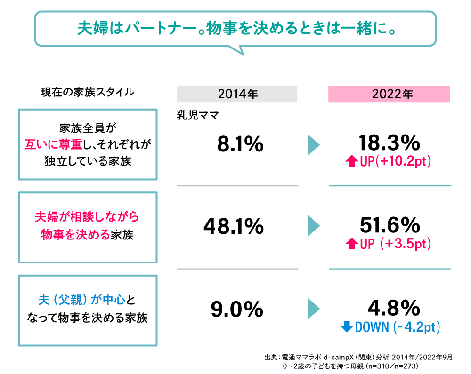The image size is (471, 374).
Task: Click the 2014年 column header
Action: (237, 94)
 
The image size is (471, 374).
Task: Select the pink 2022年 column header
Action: (389, 94)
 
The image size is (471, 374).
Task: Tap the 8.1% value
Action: (240, 144)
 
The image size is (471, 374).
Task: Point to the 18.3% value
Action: (389, 142)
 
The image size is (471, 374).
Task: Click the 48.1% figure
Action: (234, 227)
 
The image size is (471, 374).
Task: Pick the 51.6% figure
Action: (389, 225)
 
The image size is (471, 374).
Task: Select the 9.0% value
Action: (237, 309)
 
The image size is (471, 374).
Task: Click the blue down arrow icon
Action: (347, 327)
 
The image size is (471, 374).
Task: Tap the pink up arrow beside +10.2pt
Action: (351, 161)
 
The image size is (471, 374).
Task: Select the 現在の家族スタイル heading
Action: (88, 92)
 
